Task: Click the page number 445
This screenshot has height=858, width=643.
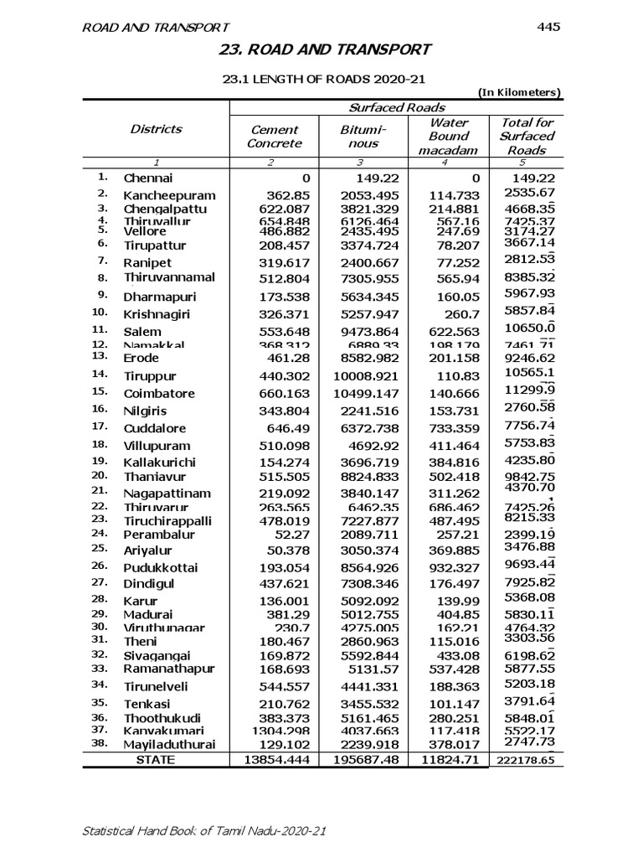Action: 548,27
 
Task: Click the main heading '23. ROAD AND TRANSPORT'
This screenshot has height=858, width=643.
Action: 325,49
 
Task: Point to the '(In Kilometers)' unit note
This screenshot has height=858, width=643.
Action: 519,93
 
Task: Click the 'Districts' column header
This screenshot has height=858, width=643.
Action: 156,129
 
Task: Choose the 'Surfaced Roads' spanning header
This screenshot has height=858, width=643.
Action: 396,107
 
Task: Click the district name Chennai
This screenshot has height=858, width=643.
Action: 148,178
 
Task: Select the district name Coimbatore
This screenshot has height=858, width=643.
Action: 159,393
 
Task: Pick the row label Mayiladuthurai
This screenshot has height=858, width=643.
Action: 169,744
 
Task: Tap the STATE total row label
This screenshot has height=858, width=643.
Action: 156,760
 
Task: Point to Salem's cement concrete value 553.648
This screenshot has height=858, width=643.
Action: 277,332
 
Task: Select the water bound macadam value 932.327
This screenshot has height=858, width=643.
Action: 450,567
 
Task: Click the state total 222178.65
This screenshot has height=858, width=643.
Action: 524,761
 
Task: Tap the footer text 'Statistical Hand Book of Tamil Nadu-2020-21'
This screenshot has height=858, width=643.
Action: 203,831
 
